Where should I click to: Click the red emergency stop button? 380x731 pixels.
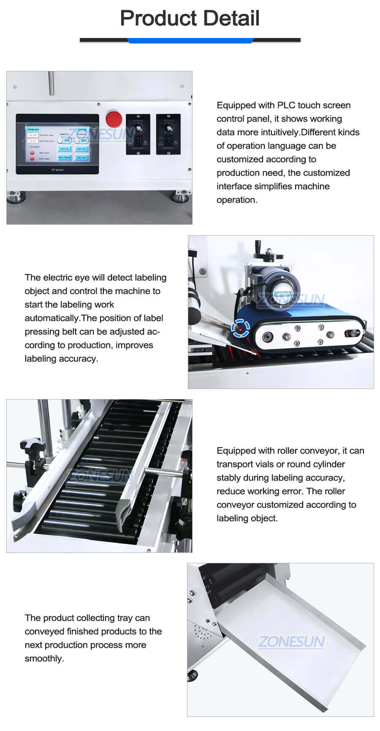(x=114, y=119)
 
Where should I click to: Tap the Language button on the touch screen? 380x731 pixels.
(x=33, y=129)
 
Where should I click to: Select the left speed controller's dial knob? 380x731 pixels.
(x=138, y=128)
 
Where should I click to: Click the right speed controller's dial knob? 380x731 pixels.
(x=168, y=128)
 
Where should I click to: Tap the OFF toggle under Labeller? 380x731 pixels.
(x=65, y=140)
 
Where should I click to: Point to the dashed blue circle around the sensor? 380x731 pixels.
(x=240, y=328)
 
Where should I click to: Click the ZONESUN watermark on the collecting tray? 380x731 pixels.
(x=291, y=642)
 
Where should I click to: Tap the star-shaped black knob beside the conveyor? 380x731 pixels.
(x=32, y=444)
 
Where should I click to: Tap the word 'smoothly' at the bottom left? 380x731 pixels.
(x=43, y=658)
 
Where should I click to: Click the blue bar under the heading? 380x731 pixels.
(x=190, y=41)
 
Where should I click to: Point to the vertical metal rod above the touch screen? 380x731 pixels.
(x=51, y=83)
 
